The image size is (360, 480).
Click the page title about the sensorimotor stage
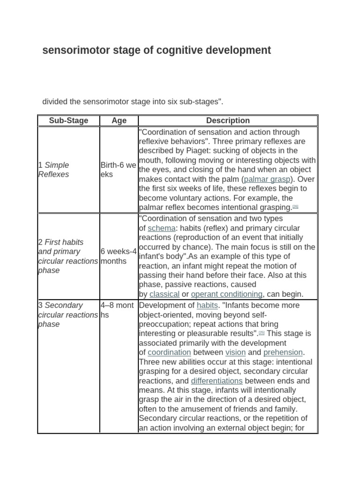(x=157, y=50)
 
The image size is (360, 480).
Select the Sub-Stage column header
(x=68, y=120)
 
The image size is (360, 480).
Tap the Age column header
(x=119, y=120)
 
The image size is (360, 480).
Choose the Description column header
(x=228, y=120)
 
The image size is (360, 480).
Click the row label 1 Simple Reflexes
(x=53, y=170)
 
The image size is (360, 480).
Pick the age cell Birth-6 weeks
(x=118, y=170)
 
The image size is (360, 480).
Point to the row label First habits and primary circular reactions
(x=67, y=256)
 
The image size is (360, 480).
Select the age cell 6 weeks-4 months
(x=118, y=256)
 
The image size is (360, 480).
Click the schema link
(x=162, y=228)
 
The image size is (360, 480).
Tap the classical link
(x=164, y=294)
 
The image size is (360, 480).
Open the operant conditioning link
(x=226, y=294)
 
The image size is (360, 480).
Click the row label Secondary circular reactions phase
(x=67, y=315)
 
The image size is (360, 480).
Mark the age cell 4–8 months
(x=118, y=310)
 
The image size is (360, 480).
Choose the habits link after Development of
(x=207, y=306)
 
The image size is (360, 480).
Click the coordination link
(x=169, y=352)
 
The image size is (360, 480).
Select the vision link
(x=236, y=352)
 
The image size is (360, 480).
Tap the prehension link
(x=283, y=352)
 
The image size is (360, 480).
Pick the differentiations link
(x=217, y=381)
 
